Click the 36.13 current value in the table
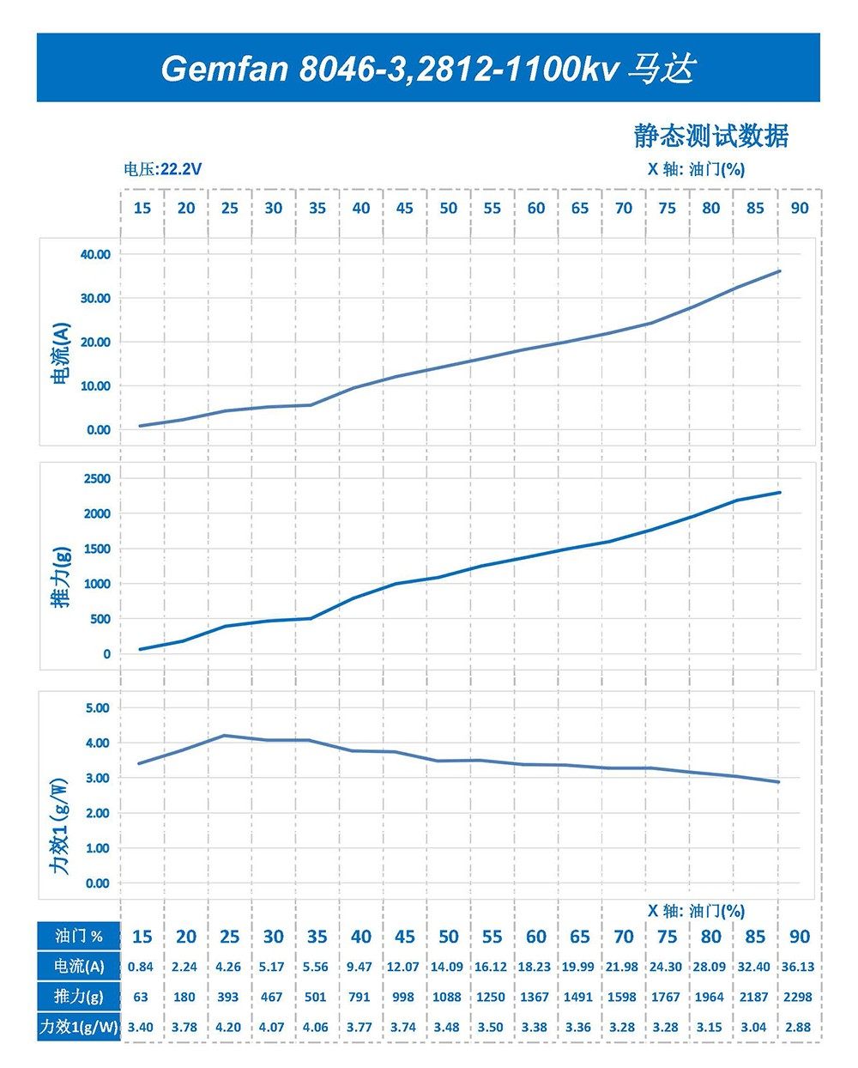(798, 967)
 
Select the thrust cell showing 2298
(798, 997)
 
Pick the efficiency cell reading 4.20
(228, 1027)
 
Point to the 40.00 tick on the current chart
(94, 254)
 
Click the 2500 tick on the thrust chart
(96, 478)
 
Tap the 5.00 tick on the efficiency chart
(98, 707)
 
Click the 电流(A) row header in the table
(78, 967)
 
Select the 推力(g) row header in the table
(78, 997)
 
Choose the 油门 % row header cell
(78, 937)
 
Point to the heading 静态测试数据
(710, 135)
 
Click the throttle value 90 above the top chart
(799, 208)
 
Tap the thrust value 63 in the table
(141, 997)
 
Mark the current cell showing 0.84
(141, 967)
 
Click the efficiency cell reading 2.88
(798, 1027)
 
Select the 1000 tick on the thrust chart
(96, 584)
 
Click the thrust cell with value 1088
(447, 997)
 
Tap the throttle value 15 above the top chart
(142, 208)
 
